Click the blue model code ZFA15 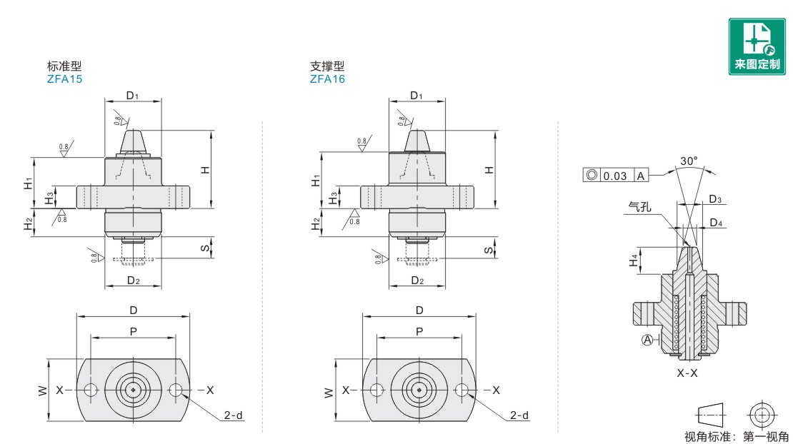[x=64, y=79]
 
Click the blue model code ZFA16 [x=327, y=79]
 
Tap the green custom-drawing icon [x=757, y=46]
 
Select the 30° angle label [x=688, y=161]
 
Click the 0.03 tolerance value [x=615, y=176]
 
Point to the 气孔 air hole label [x=639, y=206]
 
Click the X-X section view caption [x=687, y=373]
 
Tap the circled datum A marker [x=647, y=340]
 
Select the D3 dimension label [x=715, y=199]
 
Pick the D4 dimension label [x=716, y=223]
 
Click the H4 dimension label [x=634, y=261]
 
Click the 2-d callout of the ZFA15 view [x=233, y=415]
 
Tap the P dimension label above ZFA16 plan [x=419, y=331]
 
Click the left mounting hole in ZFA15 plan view [x=91, y=390]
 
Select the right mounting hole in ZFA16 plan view [x=462, y=390]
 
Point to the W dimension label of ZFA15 [x=42, y=390]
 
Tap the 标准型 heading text [x=64, y=66]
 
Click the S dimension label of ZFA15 [x=205, y=248]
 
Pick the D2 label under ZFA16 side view [x=417, y=281]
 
